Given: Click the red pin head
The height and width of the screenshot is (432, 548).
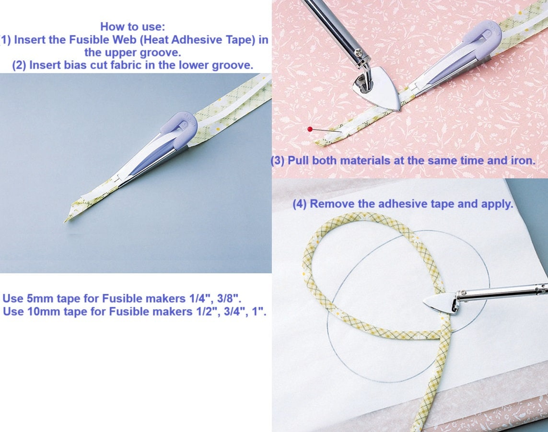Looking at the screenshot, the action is pos(310,129).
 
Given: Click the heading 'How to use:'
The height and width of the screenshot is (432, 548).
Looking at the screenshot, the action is pos(132,26).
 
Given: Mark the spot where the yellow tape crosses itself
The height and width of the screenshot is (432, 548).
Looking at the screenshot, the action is pos(441,332).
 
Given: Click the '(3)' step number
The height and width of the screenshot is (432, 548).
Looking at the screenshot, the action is pos(278,161).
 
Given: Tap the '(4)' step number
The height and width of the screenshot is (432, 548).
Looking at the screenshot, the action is pos(300,204).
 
